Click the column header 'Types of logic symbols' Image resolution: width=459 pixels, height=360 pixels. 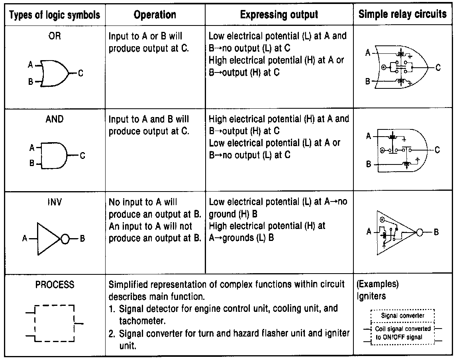(55, 16)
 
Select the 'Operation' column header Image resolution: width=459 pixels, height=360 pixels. (155, 15)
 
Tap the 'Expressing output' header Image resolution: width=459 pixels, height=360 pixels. (279, 15)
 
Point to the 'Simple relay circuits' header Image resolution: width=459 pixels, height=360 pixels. (402, 15)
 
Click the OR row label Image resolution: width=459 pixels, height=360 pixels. (55, 36)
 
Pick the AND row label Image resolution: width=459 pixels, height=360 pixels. (55, 119)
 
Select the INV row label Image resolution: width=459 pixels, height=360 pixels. (55, 202)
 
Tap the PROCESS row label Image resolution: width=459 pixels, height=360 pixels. (55, 285)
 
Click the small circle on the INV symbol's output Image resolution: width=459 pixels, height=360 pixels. (66, 239)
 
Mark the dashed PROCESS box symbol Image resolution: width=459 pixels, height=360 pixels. (55, 323)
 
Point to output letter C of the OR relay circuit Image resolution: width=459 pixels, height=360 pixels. (438, 68)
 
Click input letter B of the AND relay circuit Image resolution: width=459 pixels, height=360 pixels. (369, 164)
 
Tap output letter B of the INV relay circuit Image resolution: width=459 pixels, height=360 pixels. (436, 232)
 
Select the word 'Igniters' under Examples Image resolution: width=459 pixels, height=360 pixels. (371, 297)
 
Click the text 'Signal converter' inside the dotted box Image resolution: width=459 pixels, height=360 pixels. (402, 315)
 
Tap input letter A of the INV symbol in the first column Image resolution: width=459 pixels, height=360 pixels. (25, 239)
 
